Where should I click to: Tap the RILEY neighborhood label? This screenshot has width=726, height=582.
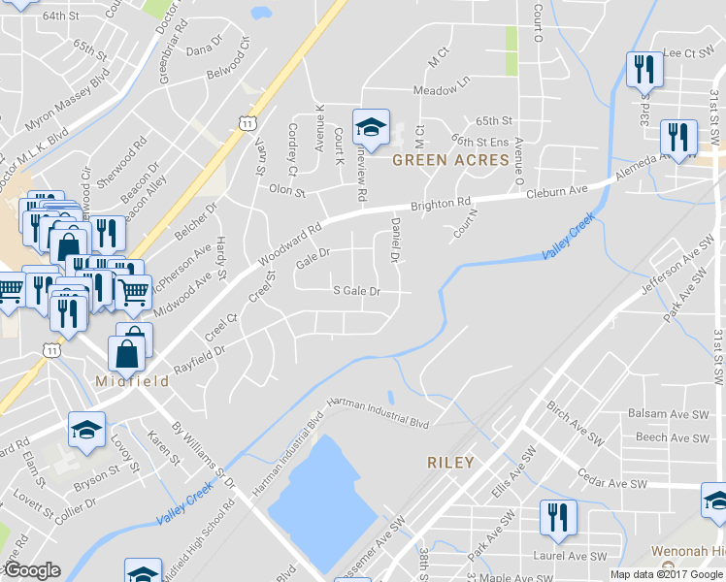(x=450, y=463)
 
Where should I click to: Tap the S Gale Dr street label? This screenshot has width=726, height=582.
(x=356, y=290)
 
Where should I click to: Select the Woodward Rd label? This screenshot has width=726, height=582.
(x=288, y=246)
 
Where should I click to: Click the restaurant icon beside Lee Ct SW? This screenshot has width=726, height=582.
(x=643, y=70)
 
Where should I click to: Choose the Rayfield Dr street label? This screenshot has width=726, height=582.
(x=200, y=360)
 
